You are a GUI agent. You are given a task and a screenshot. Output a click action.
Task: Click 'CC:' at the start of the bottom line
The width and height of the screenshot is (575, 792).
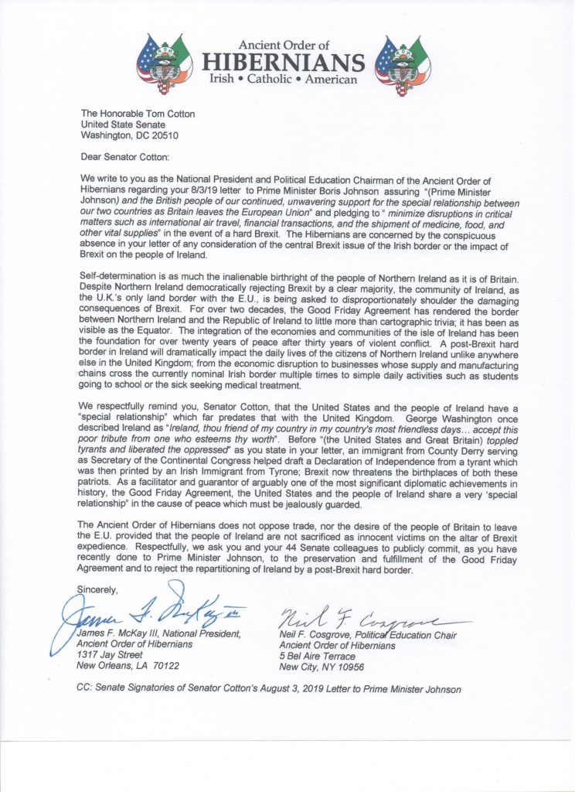[87, 688]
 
